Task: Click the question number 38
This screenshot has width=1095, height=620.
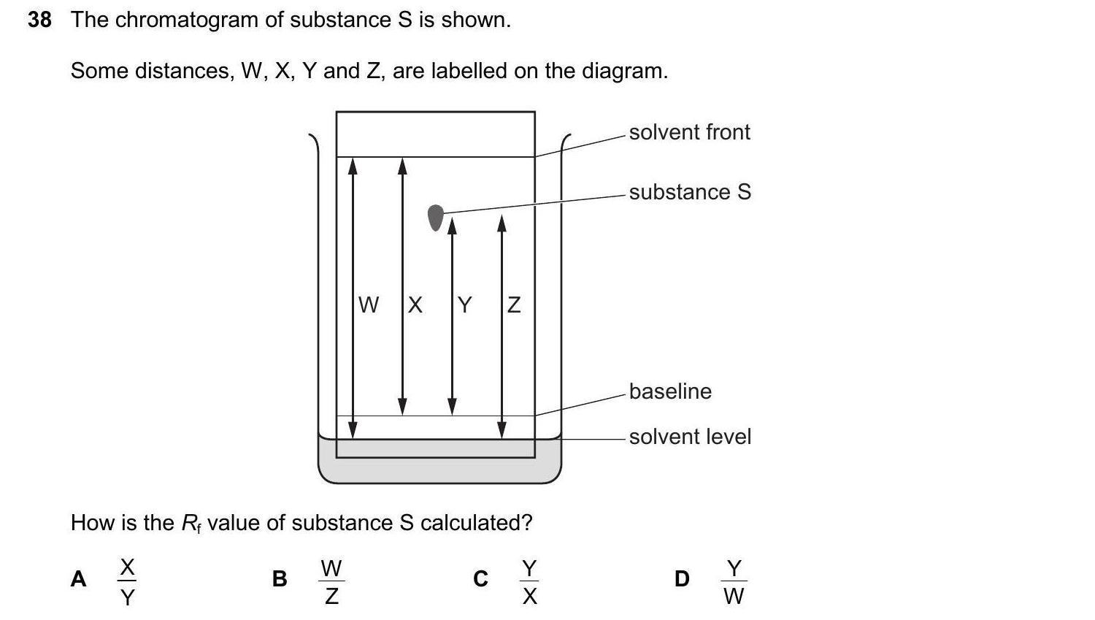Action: coord(39,20)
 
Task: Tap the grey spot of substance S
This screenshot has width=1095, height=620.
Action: coord(435,217)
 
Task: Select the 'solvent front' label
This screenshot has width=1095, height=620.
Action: coord(689,132)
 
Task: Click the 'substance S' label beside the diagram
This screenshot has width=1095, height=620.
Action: coord(690,192)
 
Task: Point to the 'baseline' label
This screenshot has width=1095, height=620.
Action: coord(670,391)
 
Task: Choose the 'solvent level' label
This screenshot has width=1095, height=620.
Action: coord(690,437)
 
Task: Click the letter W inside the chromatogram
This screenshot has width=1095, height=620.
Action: coord(369,305)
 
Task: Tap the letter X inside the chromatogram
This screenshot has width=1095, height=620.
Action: coord(415,305)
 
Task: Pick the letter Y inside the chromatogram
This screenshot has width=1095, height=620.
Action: coord(464,305)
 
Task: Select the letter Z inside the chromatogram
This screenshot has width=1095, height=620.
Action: coord(514,305)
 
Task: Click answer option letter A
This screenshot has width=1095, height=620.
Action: coord(78,579)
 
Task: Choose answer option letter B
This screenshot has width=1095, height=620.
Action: coord(280,579)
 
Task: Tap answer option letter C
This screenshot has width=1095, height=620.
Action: coord(480,579)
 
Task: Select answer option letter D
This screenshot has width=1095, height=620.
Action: coord(682,579)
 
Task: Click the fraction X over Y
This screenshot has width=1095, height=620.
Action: coord(128,582)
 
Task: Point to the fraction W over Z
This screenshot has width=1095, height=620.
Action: coord(331,582)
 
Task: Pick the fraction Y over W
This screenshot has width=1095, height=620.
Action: coord(734,582)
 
